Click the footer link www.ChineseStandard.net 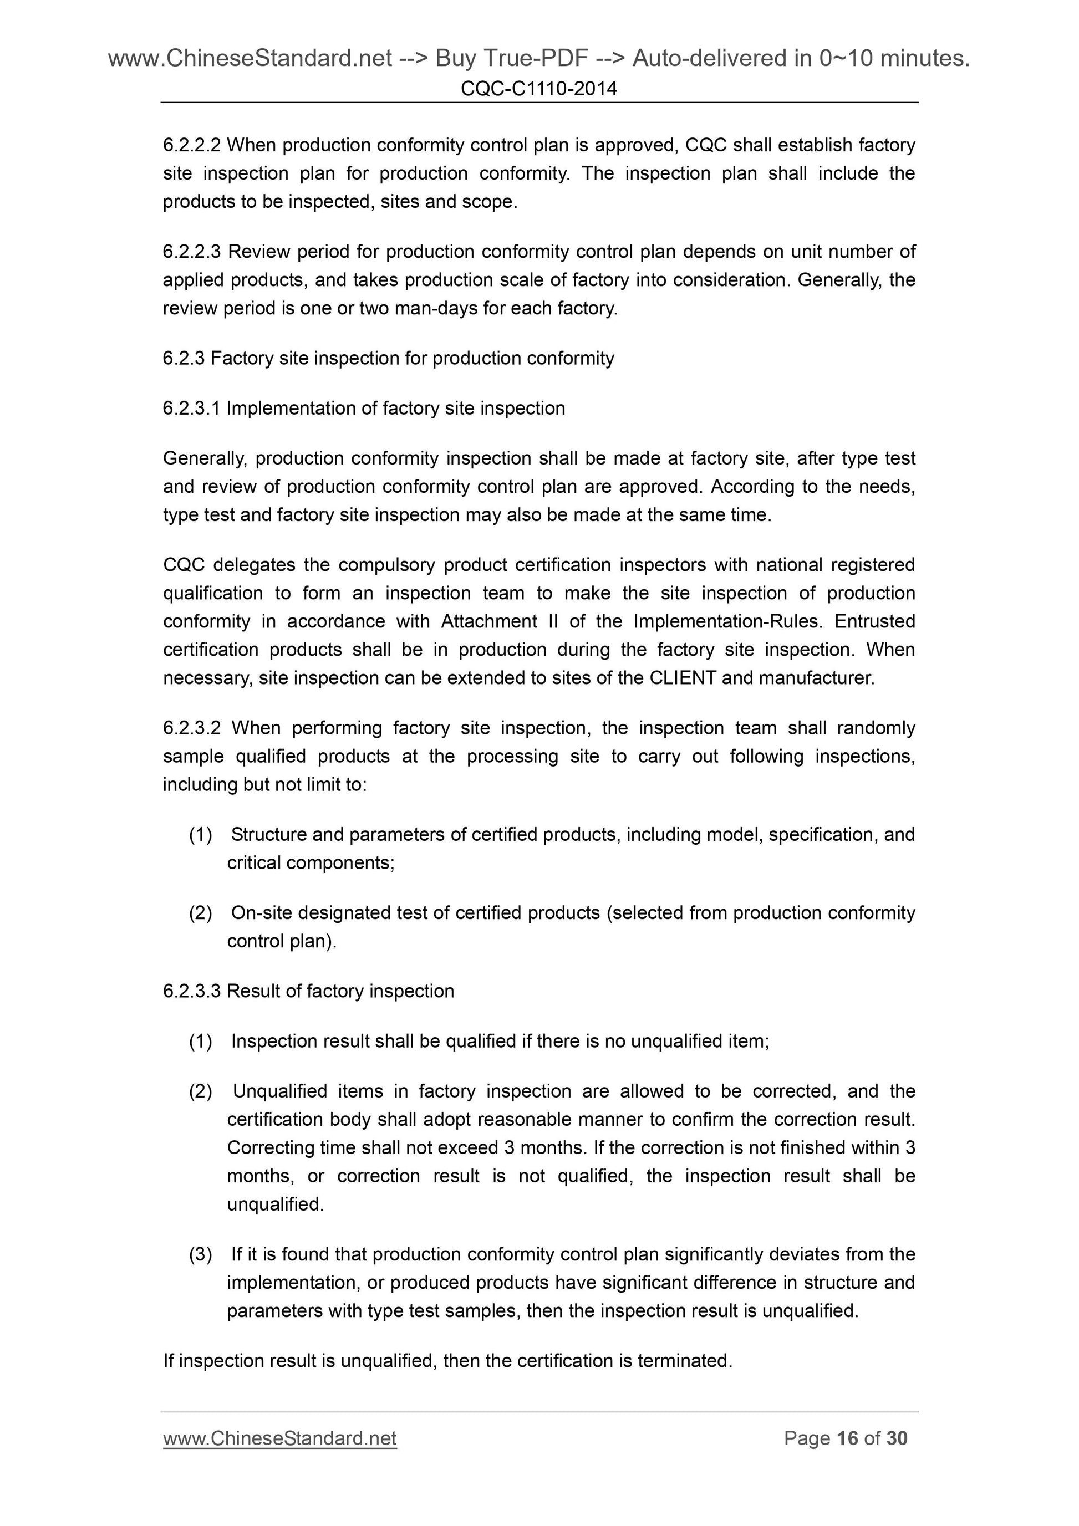pyautogui.click(x=280, y=1438)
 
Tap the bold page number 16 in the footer pyautogui.click(x=848, y=1438)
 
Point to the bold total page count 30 pyautogui.click(x=897, y=1438)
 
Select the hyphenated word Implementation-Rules pyautogui.click(x=728, y=621)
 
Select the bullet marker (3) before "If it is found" pyautogui.click(x=201, y=1254)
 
